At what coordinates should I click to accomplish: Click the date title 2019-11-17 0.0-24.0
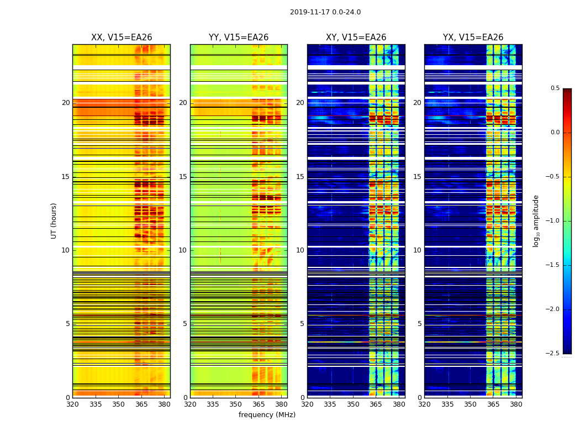(325, 12)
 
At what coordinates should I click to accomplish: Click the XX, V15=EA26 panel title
(122, 38)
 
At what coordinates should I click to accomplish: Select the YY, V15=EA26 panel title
(239, 38)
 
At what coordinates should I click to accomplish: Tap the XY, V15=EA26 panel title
(356, 38)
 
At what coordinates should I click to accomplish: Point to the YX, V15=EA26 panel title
(473, 38)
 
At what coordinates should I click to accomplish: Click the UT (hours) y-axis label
(54, 220)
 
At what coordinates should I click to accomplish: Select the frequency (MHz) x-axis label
(267, 415)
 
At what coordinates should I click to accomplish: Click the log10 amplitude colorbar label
(536, 220)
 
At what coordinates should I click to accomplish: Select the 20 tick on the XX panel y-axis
(66, 103)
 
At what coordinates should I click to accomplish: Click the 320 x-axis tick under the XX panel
(72, 404)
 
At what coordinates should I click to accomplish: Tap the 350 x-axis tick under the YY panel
(236, 404)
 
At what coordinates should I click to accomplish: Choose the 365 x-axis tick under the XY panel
(376, 404)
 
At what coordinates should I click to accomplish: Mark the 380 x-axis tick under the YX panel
(516, 404)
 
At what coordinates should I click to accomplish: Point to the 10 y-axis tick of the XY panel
(300, 250)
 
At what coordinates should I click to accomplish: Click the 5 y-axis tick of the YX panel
(419, 324)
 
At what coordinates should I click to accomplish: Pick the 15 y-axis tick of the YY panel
(183, 177)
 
